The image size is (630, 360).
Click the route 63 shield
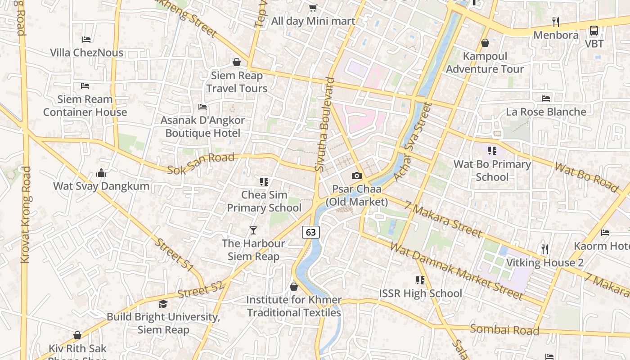pyautogui.click(x=310, y=232)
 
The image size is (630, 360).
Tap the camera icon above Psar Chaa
pyautogui.click(x=356, y=176)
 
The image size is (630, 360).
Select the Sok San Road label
pyautogui.click(x=201, y=163)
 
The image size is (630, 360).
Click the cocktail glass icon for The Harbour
pyautogui.click(x=253, y=230)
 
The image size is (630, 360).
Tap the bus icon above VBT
pyautogui.click(x=594, y=31)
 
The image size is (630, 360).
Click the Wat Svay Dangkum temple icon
pyautogui.click(x=101, y=173)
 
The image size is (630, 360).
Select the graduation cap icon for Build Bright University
pyautogui.click(x=163, y=304)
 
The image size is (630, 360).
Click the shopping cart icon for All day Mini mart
pyautogui.click(x=313, y=8)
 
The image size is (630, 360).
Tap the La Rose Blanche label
pyautogui.click(x=546, y=112)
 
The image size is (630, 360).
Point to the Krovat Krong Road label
pyautogui.click(x=26, y=215)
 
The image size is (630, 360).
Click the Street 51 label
pyautogui.click(x=174, y=254)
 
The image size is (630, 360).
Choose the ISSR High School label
pyautogui.click(x=420, y=293)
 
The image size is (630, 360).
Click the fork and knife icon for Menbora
pyautogui.click(x=556, y=22)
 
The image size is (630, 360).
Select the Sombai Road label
pyautogui.click(x=504, y=329)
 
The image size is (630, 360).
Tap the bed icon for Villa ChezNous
pyautogui.click(x=86, y=40)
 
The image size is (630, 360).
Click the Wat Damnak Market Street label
pyautogui.click(x=456, y=271)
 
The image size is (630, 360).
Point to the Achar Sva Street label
pyautogui.click(x=412, y=142)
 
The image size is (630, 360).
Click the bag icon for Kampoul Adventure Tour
pyautogui.click(x=485, y=43)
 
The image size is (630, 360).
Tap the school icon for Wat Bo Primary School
pyautogui.click(x=492, y=151)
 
